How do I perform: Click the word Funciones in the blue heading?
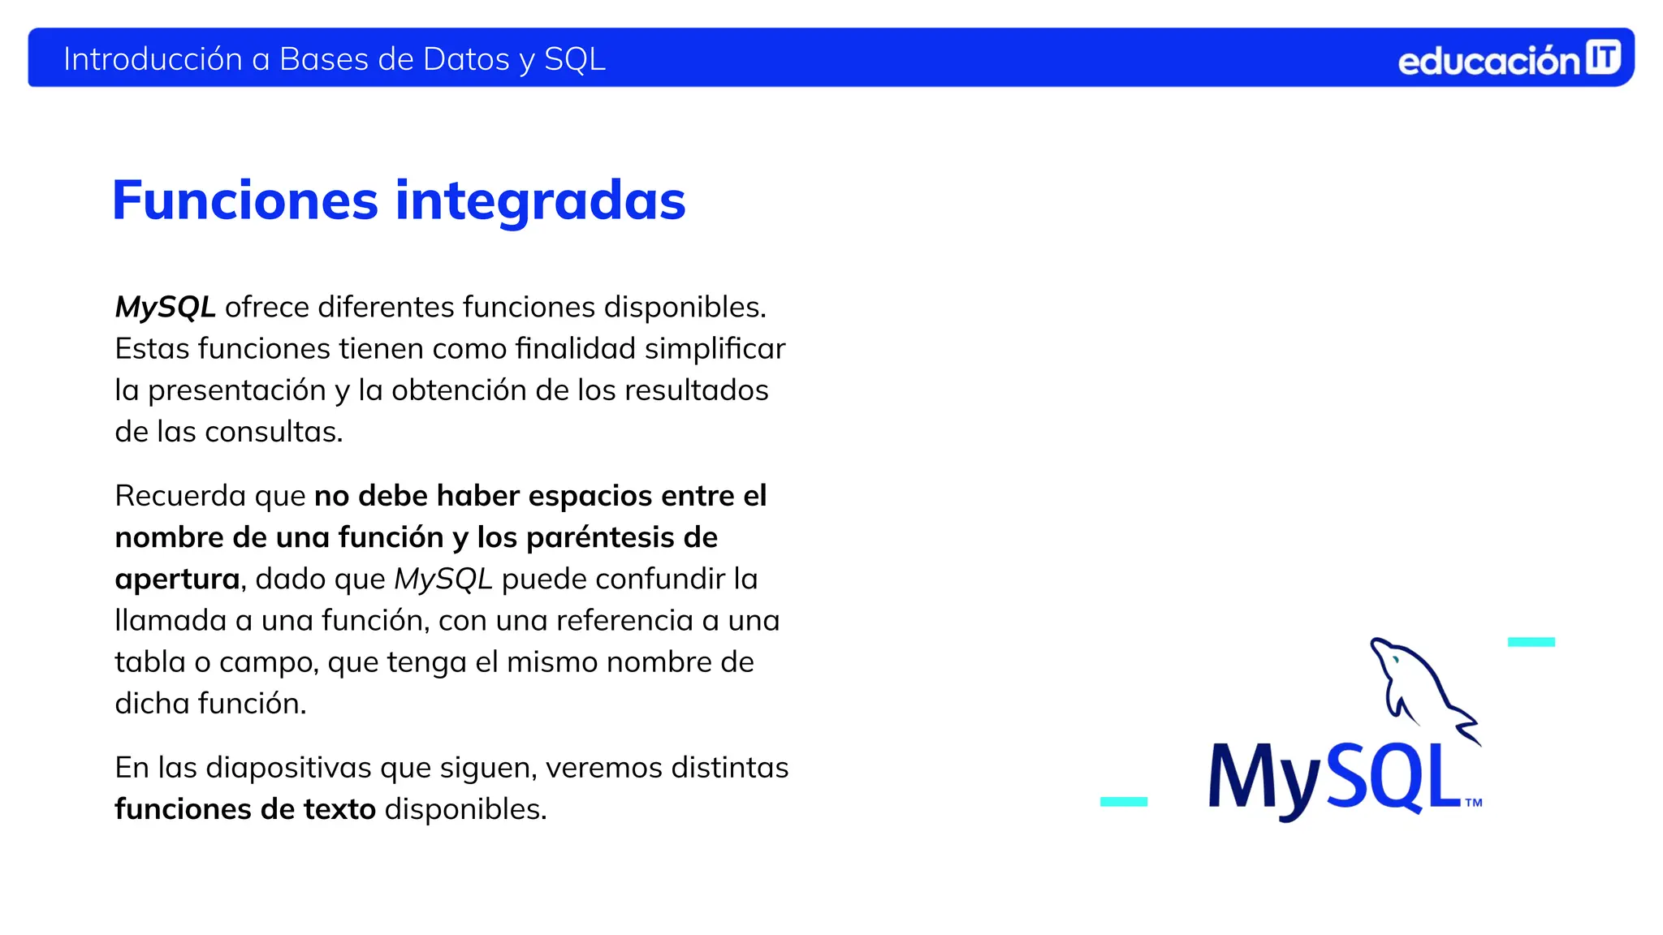coord(245,200)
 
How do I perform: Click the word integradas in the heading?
coord(540,200)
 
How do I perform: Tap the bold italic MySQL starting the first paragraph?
coord(165,307)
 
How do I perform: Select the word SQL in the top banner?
coord(574,59)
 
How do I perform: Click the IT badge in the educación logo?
coord(1603,58)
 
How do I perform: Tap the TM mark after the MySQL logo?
coord(1473,803)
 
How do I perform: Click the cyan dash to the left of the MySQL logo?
coord(1123,801)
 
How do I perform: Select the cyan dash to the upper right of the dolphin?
coord(1531,642)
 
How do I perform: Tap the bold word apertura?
coord(177,580)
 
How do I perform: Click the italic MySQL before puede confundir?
coord(443,579)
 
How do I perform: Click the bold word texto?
coord(339,809)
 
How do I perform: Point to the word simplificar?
coord(715,349)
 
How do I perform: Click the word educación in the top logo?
coord(1488,62)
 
